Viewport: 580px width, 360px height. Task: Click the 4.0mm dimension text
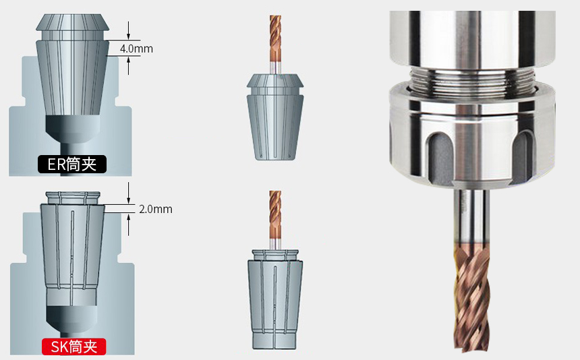136,49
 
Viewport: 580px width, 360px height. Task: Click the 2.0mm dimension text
156,209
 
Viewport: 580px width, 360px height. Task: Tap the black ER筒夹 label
72,164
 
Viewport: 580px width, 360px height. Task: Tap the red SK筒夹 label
74,347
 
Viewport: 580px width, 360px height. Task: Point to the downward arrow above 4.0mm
128,30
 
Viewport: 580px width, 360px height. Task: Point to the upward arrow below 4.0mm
128,65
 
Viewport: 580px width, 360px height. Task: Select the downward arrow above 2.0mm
128,193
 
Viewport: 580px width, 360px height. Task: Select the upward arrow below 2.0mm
128,224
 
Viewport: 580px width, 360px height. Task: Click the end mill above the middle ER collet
275,44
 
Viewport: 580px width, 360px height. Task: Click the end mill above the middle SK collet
275,220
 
